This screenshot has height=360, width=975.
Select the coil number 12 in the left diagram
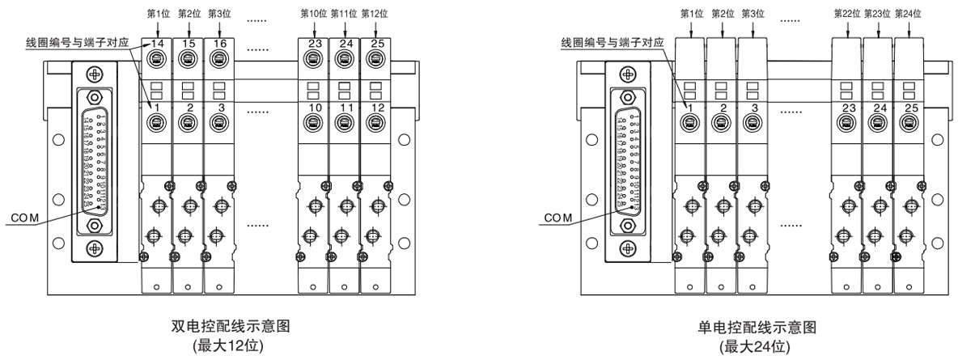pos(373,108)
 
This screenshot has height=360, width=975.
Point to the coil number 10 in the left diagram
pos(311,108)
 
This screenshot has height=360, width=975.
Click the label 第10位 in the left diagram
pos(312,13)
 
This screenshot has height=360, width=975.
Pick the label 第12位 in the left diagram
pos(374,13)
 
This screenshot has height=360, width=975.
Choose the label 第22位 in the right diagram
pos(847,13)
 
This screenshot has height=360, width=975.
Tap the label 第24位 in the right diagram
pos(909,13)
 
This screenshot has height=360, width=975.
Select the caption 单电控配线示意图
pos(757,327)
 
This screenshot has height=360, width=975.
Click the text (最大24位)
pos(757,345)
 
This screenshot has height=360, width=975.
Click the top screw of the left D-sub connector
pos(96,74)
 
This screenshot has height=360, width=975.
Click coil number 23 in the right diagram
pos(848,108)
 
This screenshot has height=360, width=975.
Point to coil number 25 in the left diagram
pos(373,42)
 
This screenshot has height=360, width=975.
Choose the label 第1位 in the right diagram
pos(693,13)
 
